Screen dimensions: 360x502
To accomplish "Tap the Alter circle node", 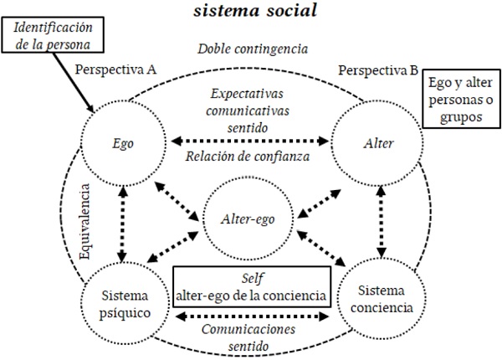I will pos(373,141).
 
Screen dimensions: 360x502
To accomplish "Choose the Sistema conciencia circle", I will pos(384,298).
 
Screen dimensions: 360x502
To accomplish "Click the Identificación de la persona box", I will pos(56,34).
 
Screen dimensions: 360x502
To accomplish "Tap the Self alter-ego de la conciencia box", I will pos(251,286).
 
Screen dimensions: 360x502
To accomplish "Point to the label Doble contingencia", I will pos(251,49).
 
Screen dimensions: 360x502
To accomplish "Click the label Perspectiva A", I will pos(115,69).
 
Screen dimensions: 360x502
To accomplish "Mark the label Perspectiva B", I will pos(378,69).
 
